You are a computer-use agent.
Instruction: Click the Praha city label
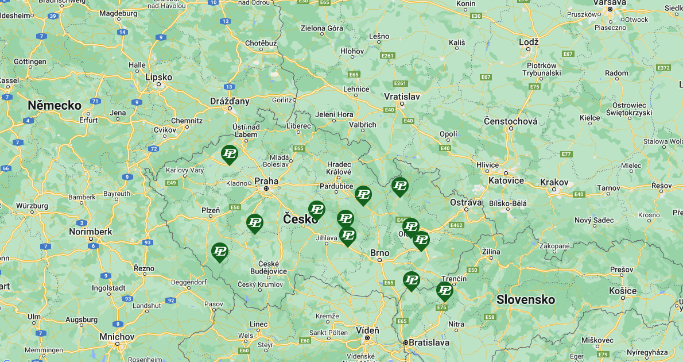point(266,180)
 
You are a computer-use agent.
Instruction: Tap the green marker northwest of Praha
point(230,153)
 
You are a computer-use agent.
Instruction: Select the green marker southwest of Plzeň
point(219,251)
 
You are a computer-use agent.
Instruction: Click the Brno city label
point(379,253)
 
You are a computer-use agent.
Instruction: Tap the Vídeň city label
point(367,330)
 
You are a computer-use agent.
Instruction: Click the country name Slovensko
point(526,299)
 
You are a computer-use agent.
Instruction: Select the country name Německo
point(55,105)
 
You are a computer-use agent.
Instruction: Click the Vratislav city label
point(402,96)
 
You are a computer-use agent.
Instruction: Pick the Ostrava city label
point(465,202)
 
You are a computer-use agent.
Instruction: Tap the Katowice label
point(506,180)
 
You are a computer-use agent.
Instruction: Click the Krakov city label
point(554,182)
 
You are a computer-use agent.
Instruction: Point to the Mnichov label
point(117,336)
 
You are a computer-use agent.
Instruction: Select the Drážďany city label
point(230,101)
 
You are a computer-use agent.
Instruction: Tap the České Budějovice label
point(269,267)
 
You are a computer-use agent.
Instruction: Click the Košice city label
point(623,291)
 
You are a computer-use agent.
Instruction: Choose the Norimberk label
point(91,232)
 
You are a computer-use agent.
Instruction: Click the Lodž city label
point(529,42)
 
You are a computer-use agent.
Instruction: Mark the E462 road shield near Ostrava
point(457,225)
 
